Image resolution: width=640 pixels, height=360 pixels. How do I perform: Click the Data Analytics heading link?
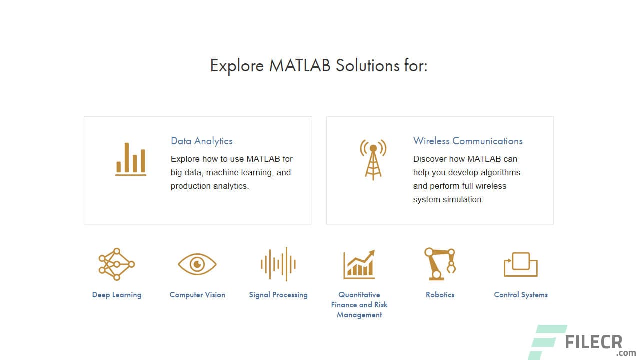click(x=201, y=141)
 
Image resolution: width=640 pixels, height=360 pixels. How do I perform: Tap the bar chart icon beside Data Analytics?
click(x=131, y=159)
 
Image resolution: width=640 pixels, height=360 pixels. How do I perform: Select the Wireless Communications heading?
click(x=468, y=141)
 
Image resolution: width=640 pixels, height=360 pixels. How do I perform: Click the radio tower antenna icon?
click(x=373, y=159)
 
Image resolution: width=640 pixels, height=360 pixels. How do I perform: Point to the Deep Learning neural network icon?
click(x=116, y=264)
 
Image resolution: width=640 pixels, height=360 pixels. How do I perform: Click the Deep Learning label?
click(x=116, y=295)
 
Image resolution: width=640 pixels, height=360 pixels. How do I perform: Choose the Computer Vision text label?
click(x=197, y=295)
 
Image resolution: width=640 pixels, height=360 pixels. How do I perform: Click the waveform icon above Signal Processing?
click(x=278, y=264)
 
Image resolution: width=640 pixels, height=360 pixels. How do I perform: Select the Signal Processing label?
click(x=278, y=295)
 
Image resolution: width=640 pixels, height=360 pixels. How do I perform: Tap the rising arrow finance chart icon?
click(x=359, y=264)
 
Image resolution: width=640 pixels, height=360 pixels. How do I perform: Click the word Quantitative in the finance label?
click(x=359, y=295)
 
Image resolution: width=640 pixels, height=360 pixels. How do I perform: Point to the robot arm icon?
click(x=440, y=263)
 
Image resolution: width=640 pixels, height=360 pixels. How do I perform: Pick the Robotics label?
click(x=440, y=295)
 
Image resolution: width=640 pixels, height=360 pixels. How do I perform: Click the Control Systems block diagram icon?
click(x=521, y=264)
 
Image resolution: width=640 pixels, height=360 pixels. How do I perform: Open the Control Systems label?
click(x=521, y=295)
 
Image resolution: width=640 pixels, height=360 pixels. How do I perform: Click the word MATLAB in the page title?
click(x=300, y=66)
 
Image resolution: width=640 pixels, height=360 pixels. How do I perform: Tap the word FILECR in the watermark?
click(x=593, y=342)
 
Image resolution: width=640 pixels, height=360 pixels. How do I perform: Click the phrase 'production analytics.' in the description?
click(x=210, y=186)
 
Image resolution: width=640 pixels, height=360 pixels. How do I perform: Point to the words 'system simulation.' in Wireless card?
click(x=448, y=200)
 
